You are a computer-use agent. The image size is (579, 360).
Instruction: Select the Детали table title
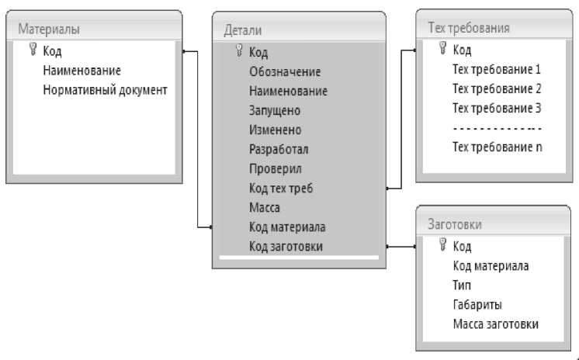[x=242, y=30]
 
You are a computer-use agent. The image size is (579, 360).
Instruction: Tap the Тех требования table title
[x=469, y=28]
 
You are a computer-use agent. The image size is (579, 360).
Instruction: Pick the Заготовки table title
[x=455, y=224]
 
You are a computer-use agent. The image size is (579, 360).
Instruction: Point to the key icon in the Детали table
[x=238, y=52]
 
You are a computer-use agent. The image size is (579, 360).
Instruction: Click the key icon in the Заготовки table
[x=443, y=246]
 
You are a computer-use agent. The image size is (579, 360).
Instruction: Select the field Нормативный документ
[x=106, y=90]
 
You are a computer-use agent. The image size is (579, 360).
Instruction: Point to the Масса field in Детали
[x=265, y=207]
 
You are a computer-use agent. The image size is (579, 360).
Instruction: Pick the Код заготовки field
[x=286, y=247]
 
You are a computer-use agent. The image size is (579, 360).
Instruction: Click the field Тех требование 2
[x=496, y=88]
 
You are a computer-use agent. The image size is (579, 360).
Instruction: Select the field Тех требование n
[x=496, y=147]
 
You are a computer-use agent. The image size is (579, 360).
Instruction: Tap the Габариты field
[x=477, y=305]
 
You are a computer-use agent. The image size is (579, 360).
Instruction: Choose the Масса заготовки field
[x=495, y=324]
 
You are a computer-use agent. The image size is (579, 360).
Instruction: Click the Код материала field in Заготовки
[x=491, y=266]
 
